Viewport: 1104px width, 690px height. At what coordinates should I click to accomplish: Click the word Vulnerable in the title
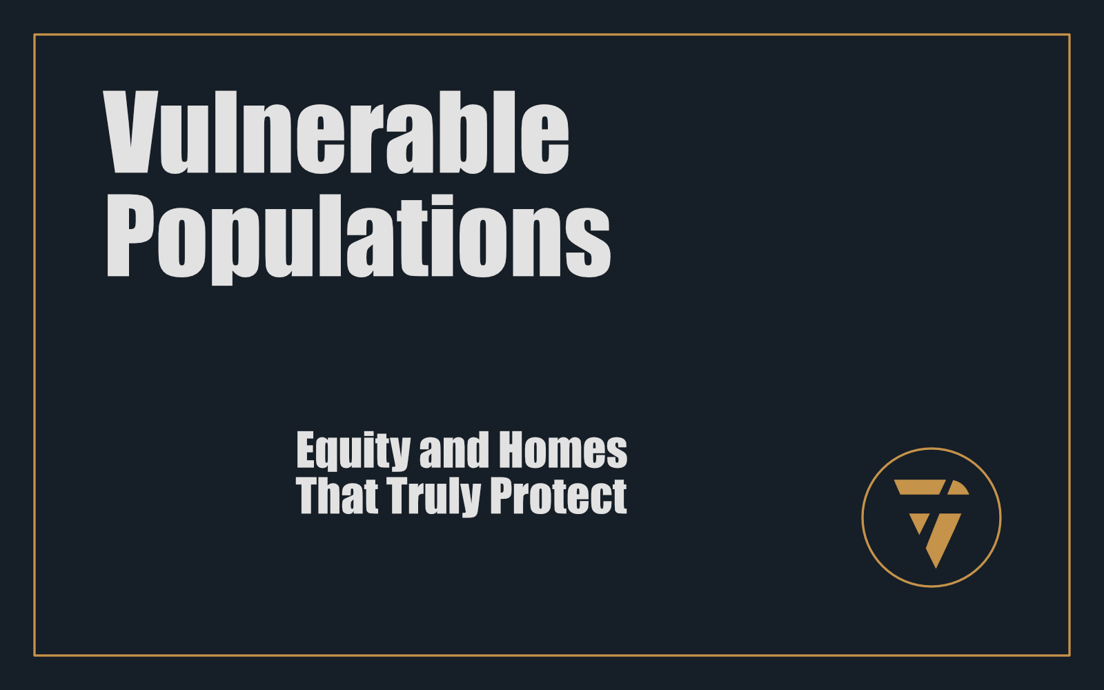click(336, 132)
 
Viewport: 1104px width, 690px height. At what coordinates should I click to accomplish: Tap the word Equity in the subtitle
click(353, 452)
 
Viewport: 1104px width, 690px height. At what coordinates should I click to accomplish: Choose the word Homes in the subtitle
click(563, 449)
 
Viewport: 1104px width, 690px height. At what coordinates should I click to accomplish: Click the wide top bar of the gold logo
click(919, 487)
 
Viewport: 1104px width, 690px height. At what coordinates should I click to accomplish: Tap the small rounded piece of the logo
click(958, 487)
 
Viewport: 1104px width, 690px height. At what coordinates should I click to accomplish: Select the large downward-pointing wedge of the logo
click(943, 538)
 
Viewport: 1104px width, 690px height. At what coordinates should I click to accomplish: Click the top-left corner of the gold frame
click(34, 34)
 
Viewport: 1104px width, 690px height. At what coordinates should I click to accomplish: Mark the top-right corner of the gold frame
click(1070, 34)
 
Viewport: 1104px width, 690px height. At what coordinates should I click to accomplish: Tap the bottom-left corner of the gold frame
click(34, 655)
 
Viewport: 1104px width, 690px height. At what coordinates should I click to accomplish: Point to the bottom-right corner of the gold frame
click(1070, 655)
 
